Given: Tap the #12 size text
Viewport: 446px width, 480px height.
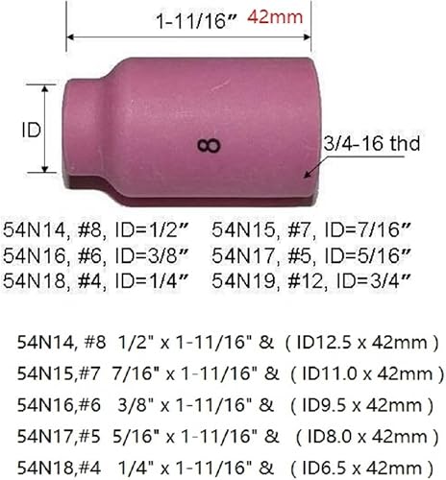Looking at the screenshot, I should [298, 278].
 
